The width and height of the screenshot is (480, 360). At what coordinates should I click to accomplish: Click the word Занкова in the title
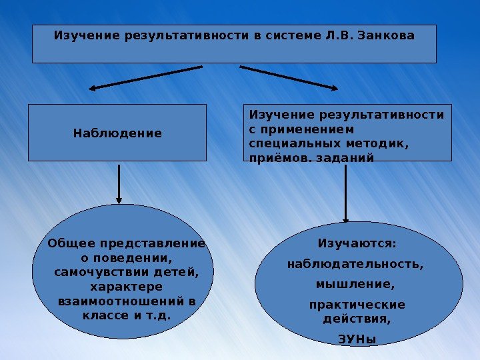(386, 35)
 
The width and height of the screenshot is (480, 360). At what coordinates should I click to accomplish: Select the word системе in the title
(291, 35)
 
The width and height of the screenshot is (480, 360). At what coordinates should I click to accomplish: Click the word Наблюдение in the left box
(117, 133)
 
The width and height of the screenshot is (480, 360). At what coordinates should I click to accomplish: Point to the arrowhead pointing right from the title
(333, 87)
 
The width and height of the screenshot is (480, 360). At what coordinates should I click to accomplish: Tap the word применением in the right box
(307, 129)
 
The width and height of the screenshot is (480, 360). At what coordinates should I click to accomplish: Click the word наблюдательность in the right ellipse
(355, 264)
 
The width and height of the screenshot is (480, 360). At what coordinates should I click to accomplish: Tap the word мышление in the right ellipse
(355, 285)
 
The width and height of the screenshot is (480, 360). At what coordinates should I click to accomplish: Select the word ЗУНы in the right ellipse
(357, 339)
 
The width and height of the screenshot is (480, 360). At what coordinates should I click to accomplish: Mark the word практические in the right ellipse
(357, 305)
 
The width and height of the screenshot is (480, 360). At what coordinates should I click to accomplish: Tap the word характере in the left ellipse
(126, 287)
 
